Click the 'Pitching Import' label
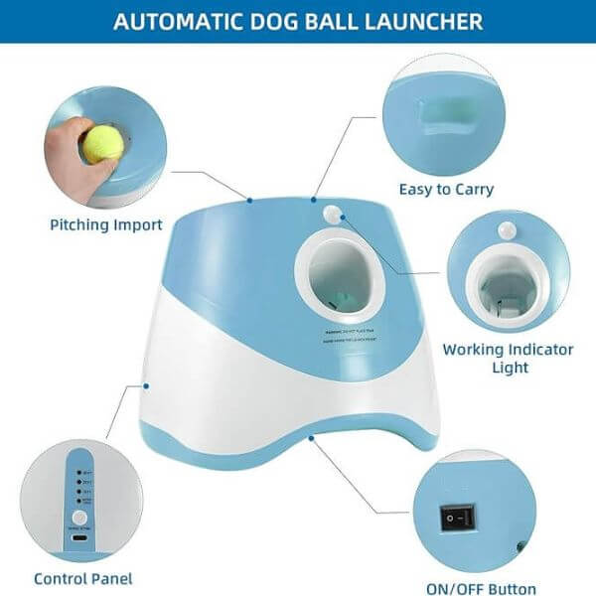pos(105,224)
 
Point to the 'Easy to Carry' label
pos(446,189)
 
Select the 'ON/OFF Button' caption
pos(483,588)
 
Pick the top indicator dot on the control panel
pos(79,471)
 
